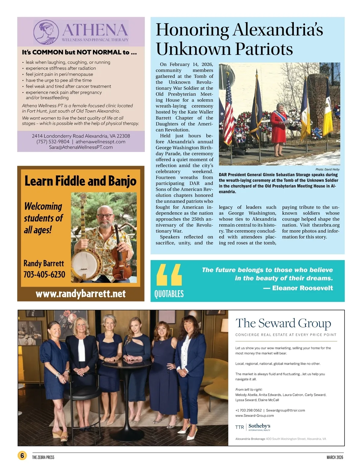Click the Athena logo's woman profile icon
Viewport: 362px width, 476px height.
coord(46,32)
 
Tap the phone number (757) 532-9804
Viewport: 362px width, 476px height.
coord(53,142)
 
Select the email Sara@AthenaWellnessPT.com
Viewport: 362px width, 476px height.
coord(81,148)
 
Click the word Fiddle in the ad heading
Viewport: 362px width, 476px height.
coord(68,181)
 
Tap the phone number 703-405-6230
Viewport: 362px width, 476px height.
coord(44,274)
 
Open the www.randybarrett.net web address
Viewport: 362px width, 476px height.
coord(81,294)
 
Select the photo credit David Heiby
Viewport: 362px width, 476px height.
coord(328,170)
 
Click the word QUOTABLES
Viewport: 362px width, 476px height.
coord(169,294)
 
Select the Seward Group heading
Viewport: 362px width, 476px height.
coord(283,323)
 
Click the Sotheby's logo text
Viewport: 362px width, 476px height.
coord(259,426)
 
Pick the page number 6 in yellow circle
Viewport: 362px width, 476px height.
coord(22,455)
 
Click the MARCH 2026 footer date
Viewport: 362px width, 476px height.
coord(335,457)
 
